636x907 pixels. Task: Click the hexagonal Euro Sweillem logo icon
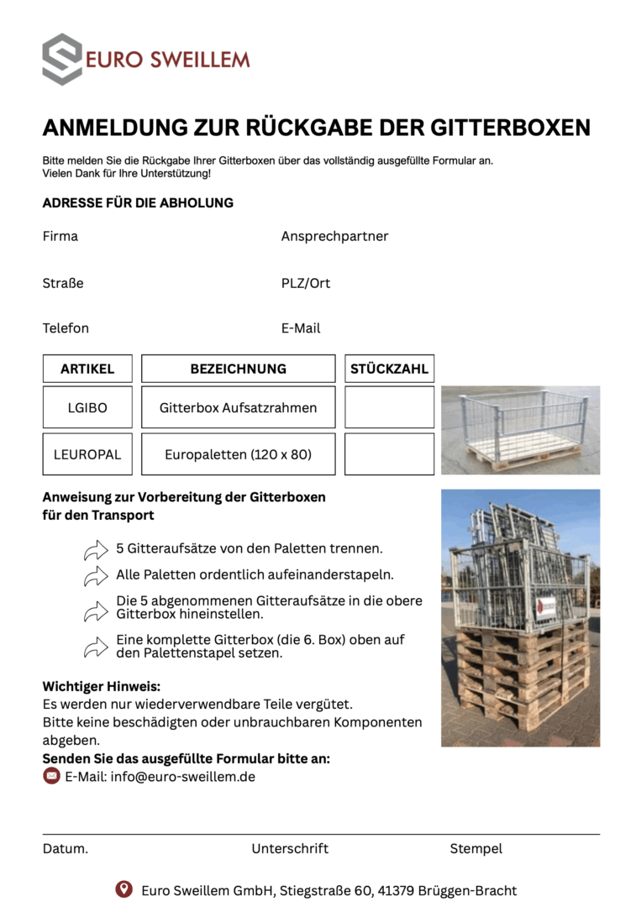(62, 59)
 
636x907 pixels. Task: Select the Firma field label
(60, 236)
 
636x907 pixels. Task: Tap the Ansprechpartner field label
(334, 236)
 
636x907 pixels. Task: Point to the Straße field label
(63, 283)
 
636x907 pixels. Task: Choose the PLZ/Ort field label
(306, 283)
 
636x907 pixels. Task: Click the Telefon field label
(66, 328)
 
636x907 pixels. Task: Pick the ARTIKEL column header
(87, 369)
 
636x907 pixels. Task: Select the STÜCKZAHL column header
(389, 369)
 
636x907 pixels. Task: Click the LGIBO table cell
(87, 408)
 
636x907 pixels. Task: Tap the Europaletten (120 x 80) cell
(238, 454)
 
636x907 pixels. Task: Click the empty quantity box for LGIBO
(389, 407)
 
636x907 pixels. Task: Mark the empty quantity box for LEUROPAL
(389, 454)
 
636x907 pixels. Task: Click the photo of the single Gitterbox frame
(520, 429)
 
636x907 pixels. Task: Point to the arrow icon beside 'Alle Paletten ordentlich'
(96, 576)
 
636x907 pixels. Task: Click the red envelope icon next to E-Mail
(52, 776)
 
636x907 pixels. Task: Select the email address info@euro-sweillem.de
(182, 777)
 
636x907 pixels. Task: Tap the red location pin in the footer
(124, 889)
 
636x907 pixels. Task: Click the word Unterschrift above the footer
(290, 848)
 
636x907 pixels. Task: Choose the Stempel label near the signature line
(476, 848)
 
